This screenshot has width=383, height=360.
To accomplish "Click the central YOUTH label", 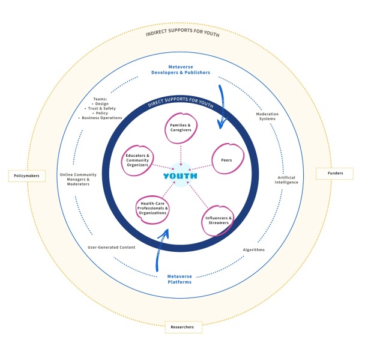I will [x=181, y=176].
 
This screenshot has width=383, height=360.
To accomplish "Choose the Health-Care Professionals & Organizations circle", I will [x=152, y=209].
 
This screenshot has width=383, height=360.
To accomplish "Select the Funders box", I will [x=334, y=174].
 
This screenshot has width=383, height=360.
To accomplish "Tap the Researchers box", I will [x=183, y=327].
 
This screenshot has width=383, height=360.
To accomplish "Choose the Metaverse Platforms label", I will [x=180, y=279].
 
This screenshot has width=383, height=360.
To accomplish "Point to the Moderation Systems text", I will [x=267, y=116].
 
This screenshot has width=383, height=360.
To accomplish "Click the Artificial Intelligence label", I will [x=287, y=180].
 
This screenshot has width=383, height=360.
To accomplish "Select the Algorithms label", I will [x=253, y=249].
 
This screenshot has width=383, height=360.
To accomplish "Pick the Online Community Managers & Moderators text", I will [x=74, y=179].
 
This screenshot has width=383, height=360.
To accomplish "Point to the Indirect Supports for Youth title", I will [x=182, y=34].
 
